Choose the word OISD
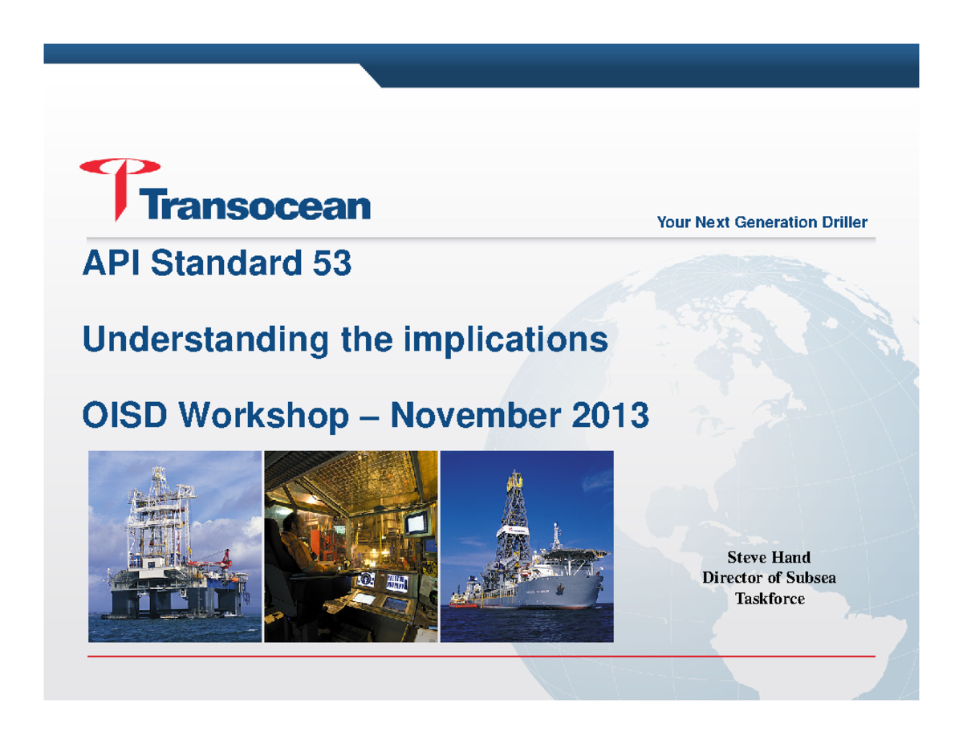pos(124,417)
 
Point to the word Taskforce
pos(769,598)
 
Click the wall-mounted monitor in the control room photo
pos(416,524)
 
